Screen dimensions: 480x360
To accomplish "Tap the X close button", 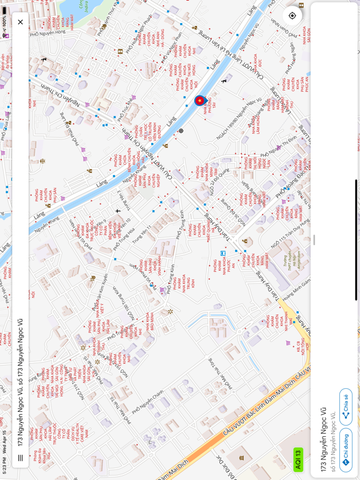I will pos(20,22).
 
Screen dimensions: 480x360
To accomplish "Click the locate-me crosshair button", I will pos(292,16).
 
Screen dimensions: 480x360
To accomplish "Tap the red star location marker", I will pos(200,101).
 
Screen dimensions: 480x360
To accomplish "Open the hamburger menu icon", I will pos(20,457).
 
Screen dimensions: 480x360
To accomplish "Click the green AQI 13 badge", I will pos(298,459).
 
